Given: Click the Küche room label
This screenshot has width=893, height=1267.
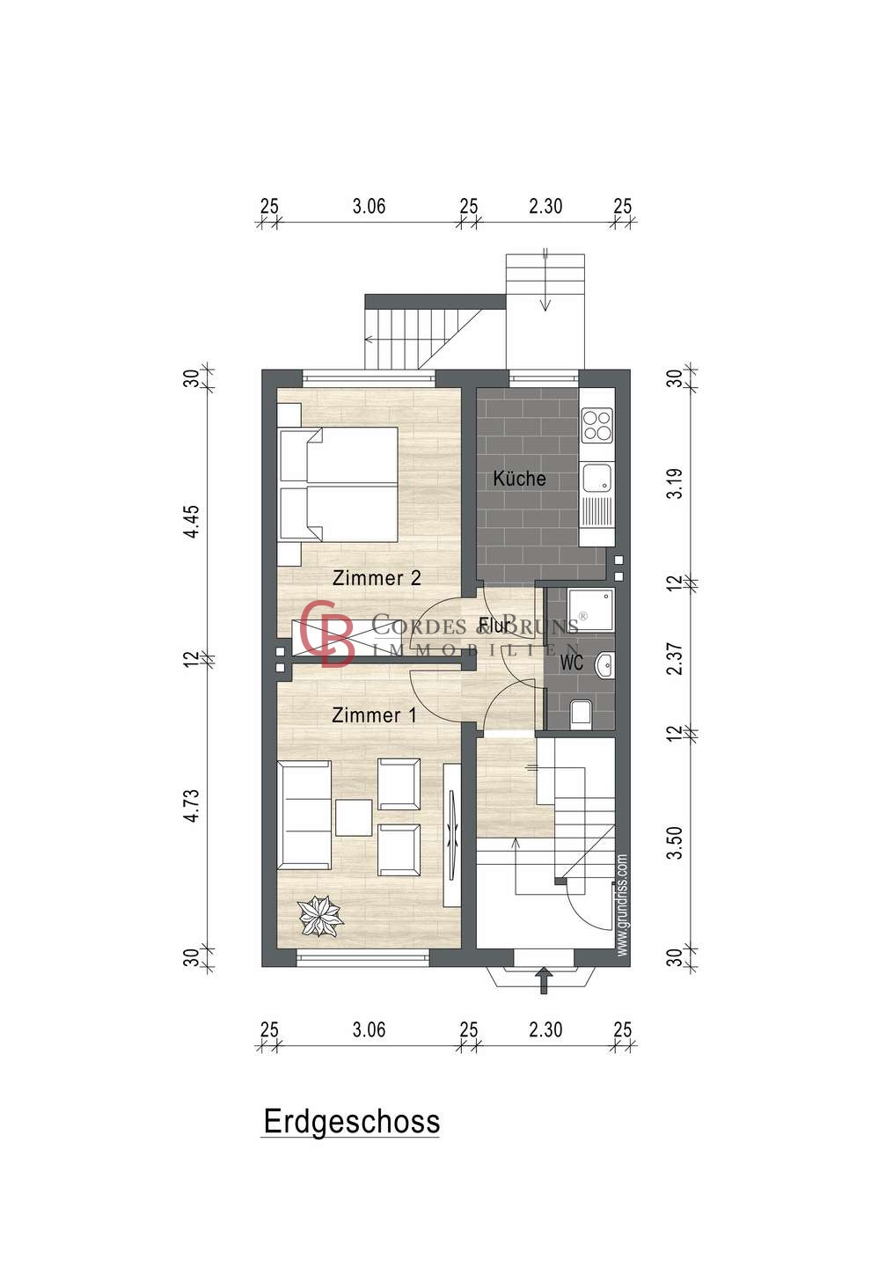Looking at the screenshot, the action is point(519,479).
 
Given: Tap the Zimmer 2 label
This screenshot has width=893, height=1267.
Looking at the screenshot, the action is point(377,578).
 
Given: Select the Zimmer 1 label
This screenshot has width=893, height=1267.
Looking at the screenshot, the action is point(374,715).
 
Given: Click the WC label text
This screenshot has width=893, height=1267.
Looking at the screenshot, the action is point(571,663).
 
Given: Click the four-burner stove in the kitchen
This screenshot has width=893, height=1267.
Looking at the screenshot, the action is point(597,425).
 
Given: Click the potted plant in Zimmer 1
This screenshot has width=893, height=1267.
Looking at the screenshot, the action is point(320,915).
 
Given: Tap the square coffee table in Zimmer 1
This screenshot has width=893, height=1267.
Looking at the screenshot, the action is point(354,817).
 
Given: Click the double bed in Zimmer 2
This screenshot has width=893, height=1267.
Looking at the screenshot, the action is point(338,484).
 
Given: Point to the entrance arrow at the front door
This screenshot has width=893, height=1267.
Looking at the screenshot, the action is point(544,979).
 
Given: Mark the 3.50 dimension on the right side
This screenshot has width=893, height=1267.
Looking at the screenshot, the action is point(674,843).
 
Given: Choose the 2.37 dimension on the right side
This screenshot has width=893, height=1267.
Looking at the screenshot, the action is point(674,659).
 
